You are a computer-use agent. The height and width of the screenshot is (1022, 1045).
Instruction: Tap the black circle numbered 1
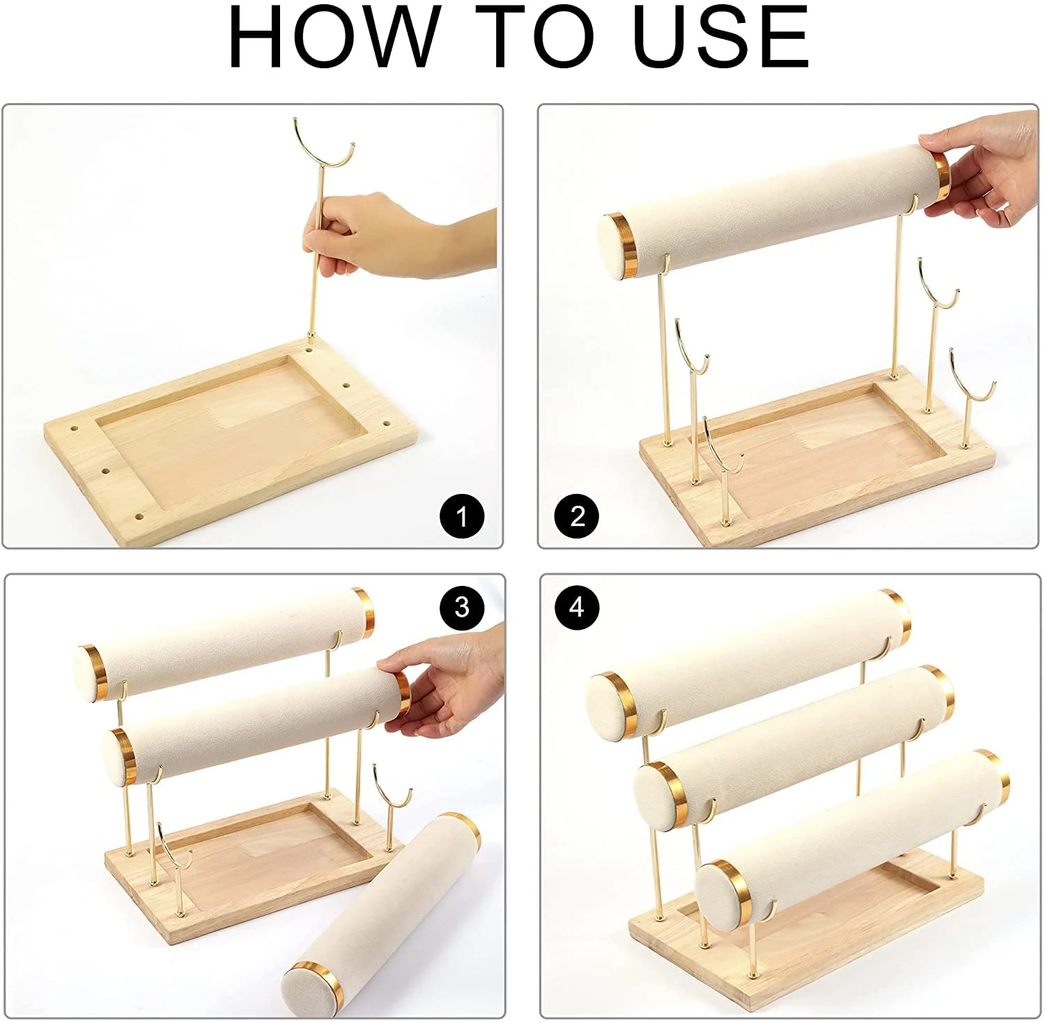[462, 517]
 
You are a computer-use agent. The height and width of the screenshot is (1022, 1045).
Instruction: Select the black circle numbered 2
[577, 517]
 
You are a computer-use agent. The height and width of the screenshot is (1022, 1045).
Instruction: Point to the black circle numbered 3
[462, 607]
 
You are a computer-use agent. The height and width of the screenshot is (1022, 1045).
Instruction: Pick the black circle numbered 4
[577, 607]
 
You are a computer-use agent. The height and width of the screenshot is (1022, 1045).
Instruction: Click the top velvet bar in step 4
[749, 662]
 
